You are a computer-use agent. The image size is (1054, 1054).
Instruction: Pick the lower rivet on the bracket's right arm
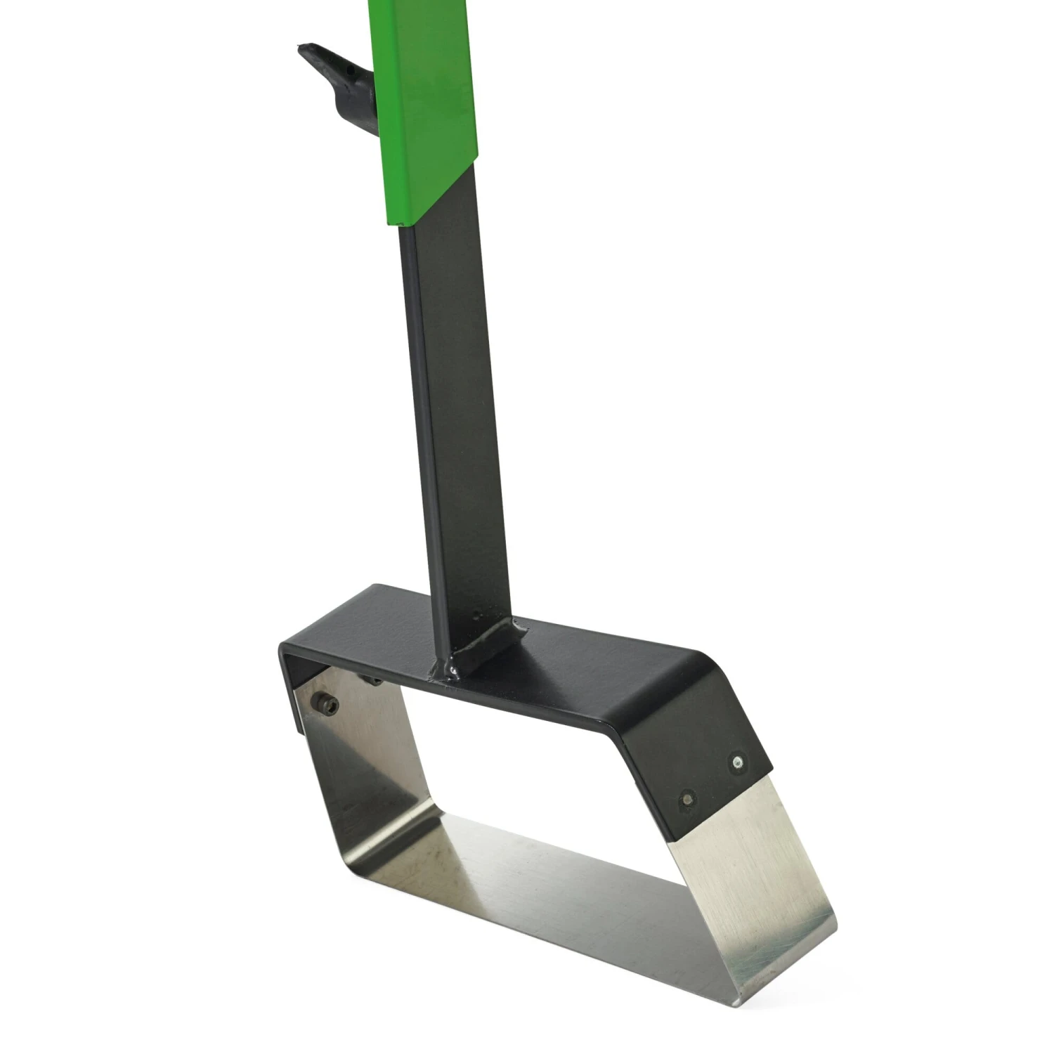(687, 798)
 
